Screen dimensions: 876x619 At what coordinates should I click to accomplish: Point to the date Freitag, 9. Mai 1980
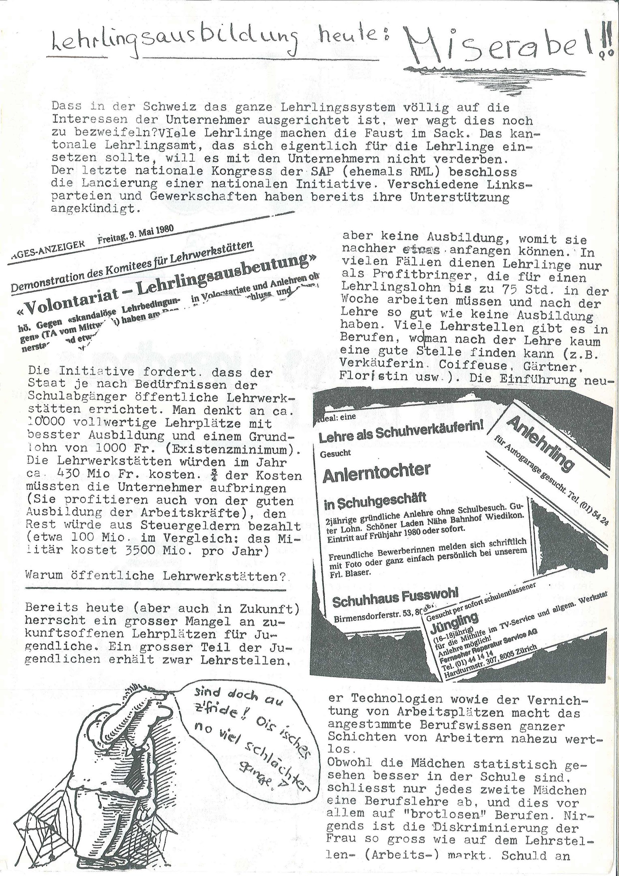point(136,234)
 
